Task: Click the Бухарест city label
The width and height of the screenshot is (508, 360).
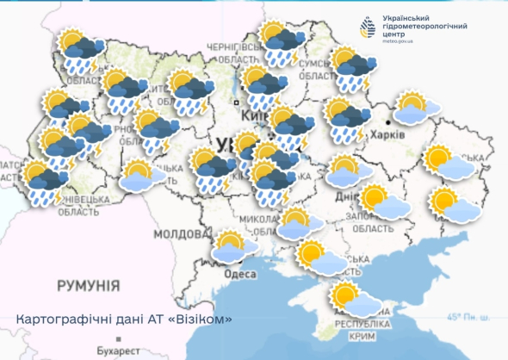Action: [117, 351]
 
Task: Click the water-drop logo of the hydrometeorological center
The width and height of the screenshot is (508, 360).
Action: [369, 28]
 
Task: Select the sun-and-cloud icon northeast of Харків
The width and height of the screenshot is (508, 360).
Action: [416, 109]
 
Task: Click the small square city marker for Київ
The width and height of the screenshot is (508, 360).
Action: [235, 102]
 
